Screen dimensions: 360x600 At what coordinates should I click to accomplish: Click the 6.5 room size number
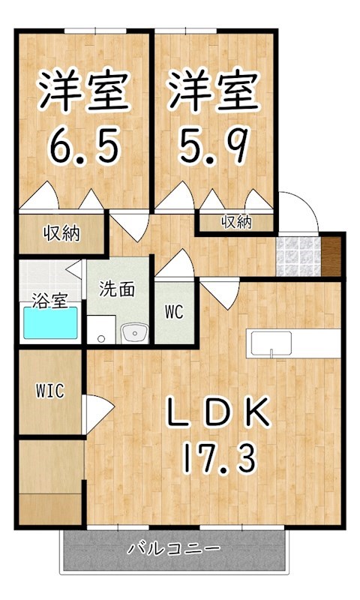84,145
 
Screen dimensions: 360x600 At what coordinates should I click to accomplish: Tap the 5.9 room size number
214,145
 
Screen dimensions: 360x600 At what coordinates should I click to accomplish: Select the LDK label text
218,412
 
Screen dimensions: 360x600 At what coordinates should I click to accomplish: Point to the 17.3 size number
218,458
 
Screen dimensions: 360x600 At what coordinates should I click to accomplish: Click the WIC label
50,391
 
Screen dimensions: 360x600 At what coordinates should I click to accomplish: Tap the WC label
174,312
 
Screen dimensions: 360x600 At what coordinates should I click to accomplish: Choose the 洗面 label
117,289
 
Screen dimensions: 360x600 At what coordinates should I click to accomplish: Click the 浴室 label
49,301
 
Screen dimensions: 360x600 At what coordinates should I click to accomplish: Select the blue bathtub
50,322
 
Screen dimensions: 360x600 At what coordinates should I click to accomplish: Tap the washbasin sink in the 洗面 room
135,333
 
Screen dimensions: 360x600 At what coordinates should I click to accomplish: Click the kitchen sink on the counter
271,343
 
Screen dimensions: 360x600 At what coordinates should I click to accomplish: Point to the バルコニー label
174,549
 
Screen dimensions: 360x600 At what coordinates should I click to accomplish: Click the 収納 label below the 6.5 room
61,233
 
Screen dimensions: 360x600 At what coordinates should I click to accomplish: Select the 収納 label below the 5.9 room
236,222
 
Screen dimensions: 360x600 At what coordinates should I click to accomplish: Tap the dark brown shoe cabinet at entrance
331,256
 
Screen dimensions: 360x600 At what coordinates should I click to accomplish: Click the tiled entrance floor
298,256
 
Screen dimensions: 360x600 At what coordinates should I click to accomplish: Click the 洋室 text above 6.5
85,91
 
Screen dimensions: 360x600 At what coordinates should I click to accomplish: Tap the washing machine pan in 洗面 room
101,329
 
